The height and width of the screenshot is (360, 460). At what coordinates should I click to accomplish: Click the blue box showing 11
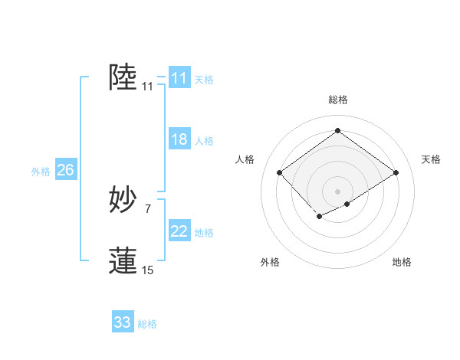[x=179, y=78]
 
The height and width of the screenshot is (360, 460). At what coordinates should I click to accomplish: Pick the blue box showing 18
[x=179, y=139]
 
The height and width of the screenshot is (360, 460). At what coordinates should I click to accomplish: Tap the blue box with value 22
[x=179, y=231]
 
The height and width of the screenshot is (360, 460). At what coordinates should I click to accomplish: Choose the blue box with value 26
[x=65, y=170]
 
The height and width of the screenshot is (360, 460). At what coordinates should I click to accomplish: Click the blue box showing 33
[x=123, y=322]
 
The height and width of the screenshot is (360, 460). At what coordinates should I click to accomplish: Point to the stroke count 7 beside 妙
[x=147, y=208]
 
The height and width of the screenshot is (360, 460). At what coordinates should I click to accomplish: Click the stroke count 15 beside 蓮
[x=147, y=270]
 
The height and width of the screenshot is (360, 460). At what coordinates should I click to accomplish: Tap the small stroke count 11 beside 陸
[x=147, y=87]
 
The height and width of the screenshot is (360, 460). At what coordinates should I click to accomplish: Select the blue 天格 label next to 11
[x=204, y=80]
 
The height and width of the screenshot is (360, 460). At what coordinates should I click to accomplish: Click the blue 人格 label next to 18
[x=204, y=141]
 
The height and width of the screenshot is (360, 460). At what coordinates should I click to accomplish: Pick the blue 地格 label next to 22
[x=204, y=233]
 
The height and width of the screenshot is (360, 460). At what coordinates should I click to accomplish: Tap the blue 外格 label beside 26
[x=41, y=172]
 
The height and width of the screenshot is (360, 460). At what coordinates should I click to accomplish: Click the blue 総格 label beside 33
[x=147, y=324]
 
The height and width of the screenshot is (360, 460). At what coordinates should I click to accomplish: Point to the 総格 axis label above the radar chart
[x=338, y=100]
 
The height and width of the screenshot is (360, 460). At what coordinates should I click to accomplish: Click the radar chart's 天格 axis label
[x=431, y=159]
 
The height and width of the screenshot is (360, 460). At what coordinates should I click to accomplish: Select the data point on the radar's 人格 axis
[x=280, y=172]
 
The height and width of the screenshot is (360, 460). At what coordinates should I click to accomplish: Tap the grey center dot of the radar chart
[x=337, y=191]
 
